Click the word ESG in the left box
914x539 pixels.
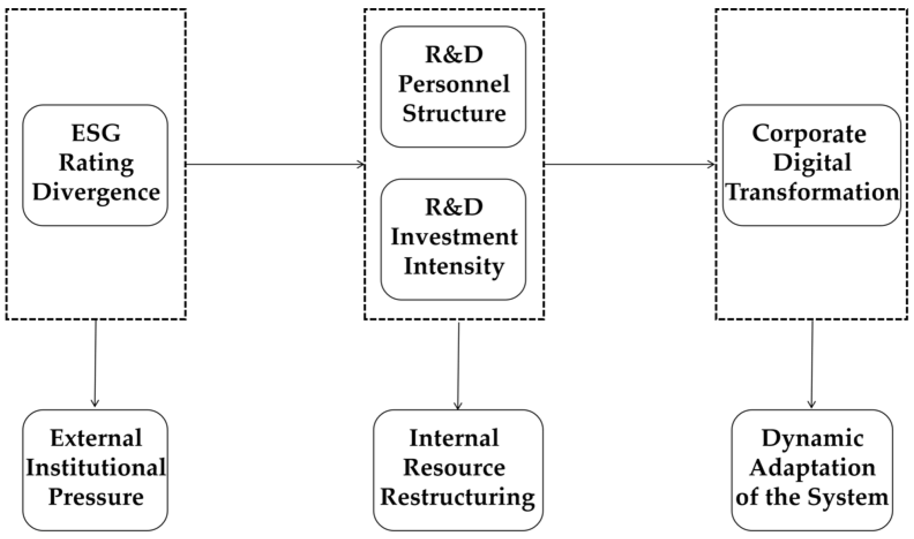coord(96,133)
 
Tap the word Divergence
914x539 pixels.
coord(96,192)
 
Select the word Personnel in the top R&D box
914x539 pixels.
coord(454,84)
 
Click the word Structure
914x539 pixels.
coord(454,113)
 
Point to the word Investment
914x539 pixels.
coord(454,237)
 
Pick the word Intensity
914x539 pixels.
coord(454,266)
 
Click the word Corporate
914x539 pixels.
coord(809,134)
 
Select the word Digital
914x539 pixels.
coord(812,163)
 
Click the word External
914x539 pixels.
coord(96,438)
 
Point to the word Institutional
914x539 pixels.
coord(96,467)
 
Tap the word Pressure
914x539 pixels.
coord(96,496)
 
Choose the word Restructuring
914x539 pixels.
coord(457,497)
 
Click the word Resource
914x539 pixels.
coord(454,467)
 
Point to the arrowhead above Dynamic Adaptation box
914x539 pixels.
coord(811,404)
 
